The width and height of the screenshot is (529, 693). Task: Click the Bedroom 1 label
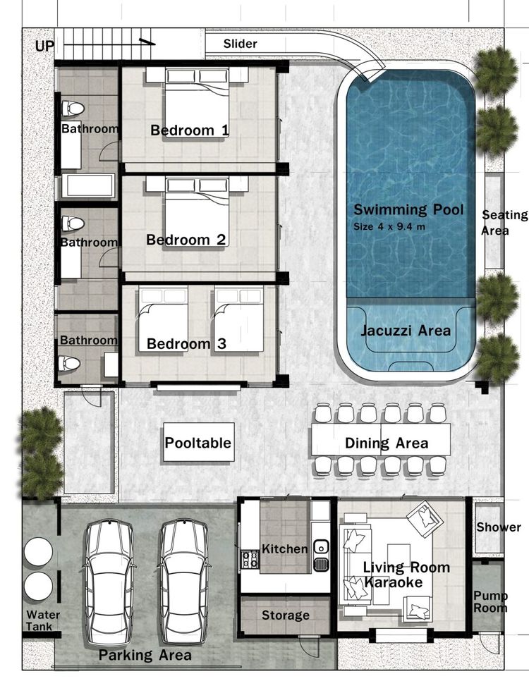[190, 130]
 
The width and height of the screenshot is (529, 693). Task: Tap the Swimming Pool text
[408, 209]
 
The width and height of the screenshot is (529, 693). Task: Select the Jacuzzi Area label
[406, 331]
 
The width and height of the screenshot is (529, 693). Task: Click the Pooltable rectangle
[197, 443]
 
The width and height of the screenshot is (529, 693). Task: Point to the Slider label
[241, 44]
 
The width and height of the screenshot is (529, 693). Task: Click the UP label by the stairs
[44, 46]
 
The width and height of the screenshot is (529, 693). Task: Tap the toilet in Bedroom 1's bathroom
[73, 109]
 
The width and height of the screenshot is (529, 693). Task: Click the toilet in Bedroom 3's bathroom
[69, 363]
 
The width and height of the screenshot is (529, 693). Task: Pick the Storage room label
[285, 615]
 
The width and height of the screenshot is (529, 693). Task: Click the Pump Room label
[490, 601]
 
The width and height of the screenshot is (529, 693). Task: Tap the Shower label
[499, 527]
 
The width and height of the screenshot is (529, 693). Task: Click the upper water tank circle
[39, 551]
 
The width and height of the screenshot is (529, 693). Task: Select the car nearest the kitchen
[183, 582]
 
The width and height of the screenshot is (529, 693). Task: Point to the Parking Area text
[145, 655]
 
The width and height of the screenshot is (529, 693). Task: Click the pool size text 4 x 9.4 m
[389, 227]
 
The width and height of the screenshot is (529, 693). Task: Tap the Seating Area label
[504, 223]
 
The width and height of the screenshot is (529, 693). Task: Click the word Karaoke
[394, 582]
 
